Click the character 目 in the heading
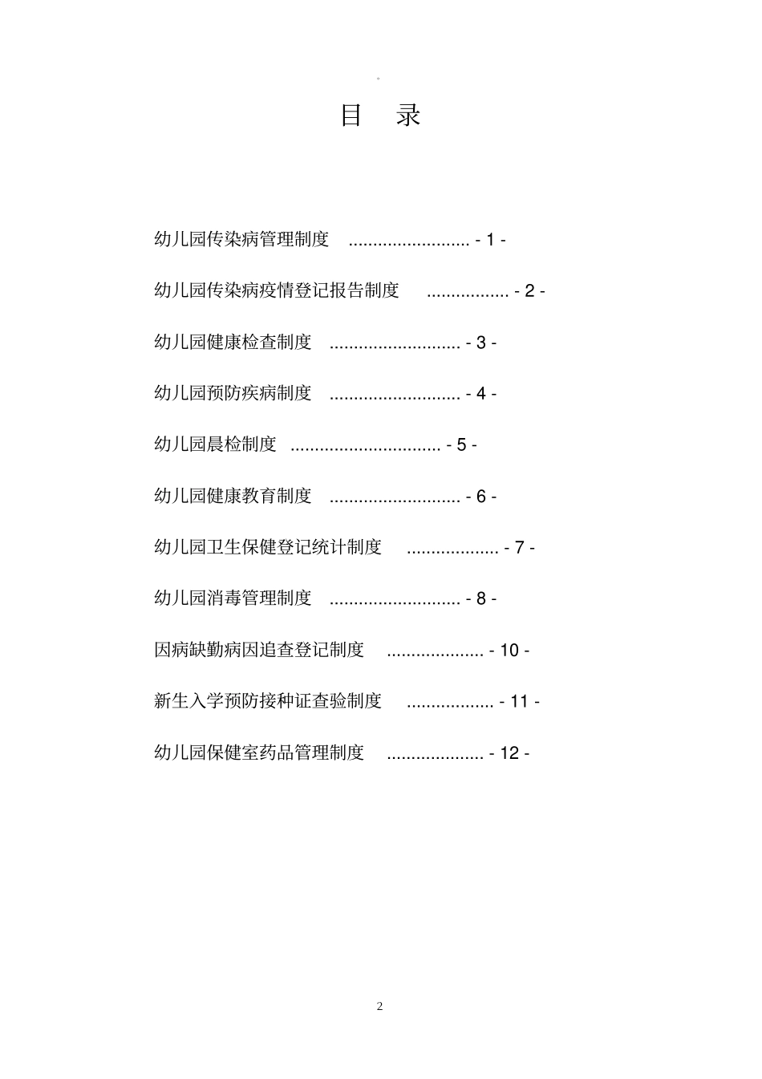tap(351, 116)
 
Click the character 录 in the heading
tap(408, 116)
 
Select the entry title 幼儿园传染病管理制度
tap(241, 239)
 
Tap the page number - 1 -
tap(491, 240)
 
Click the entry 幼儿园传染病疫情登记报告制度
tap(277, 290)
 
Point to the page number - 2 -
tap(530, 291)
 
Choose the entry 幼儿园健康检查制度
tap(233, 342)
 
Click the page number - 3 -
tap(481, 343)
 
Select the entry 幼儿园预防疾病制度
tap(233, 393)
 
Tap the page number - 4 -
tap(481, 394)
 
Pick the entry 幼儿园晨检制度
tap(215, 444)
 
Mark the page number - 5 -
tap(462, 445)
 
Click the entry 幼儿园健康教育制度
tap(233, 496)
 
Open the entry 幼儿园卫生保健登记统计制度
tap(268, 547)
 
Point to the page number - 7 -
tap(520, 548)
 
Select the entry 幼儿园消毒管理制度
tap(233, 598)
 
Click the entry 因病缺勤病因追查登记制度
tap(259, 650)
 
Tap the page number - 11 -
tap(520, 702)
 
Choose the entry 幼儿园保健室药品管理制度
tap(259, 752)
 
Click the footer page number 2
tap(380, 1006)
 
